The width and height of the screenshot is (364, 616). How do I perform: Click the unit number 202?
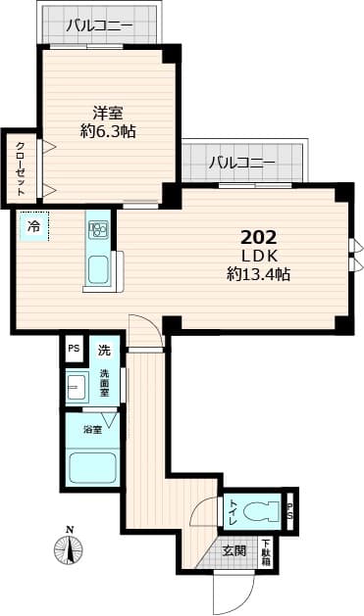pos(259,237)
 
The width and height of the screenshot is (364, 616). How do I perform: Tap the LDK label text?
pos(259,256)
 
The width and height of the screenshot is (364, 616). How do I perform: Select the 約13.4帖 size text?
pos(258,274)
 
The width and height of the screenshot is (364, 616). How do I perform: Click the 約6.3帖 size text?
pos(108,131)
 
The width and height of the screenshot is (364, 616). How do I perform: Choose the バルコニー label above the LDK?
pos(240,162)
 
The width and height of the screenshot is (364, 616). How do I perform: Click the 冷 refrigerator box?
pos(33,227)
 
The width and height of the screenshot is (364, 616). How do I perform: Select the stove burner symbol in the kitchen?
pos(99,231)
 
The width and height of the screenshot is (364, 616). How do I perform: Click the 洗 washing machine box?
pos(103,349)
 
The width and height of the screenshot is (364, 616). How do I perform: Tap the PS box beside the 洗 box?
pos(74,349)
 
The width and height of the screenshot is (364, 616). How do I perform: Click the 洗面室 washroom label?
pos(105,383)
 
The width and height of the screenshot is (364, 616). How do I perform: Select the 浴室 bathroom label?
pos(92,429)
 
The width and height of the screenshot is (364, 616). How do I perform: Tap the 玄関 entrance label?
pos(234,550)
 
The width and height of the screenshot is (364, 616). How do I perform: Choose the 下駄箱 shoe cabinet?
pos(265,552)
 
